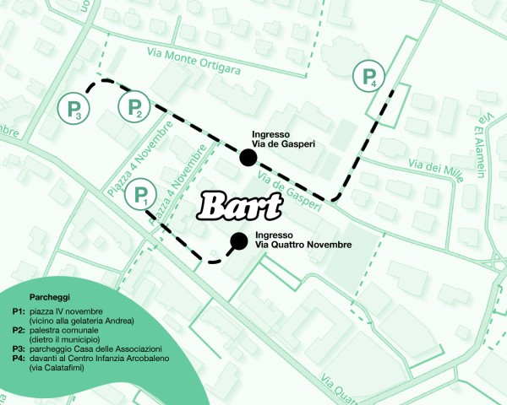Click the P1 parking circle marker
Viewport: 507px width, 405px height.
140,197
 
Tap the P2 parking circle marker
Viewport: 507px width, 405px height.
135,107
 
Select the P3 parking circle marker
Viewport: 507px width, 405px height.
74,108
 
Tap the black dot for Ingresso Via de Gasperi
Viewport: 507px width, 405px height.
248,157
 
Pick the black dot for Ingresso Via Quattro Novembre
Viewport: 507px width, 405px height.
239,240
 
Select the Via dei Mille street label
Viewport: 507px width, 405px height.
436,166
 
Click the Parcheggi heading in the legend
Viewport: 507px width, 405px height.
49,298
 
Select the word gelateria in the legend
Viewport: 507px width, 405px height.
90,321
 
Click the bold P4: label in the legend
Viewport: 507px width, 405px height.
19,359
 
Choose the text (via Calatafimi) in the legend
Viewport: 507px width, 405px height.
57,368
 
